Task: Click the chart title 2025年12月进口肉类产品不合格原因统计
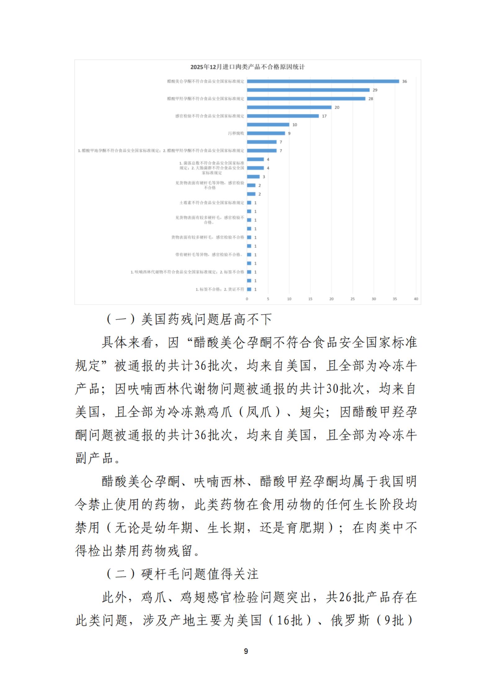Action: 247,67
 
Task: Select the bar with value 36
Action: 323,81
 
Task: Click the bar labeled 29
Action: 308,90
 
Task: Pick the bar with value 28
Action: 306,99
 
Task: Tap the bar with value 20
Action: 289,107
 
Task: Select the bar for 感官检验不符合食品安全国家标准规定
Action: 283,116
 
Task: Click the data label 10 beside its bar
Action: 295,125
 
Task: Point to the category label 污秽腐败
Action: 236,133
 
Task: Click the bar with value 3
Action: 253,177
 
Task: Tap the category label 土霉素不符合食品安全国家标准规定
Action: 212,203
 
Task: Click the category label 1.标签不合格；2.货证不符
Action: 220,289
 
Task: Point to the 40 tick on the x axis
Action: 416,299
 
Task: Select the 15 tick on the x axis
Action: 310,299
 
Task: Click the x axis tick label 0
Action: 247,299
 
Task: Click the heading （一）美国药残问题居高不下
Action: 189,319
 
